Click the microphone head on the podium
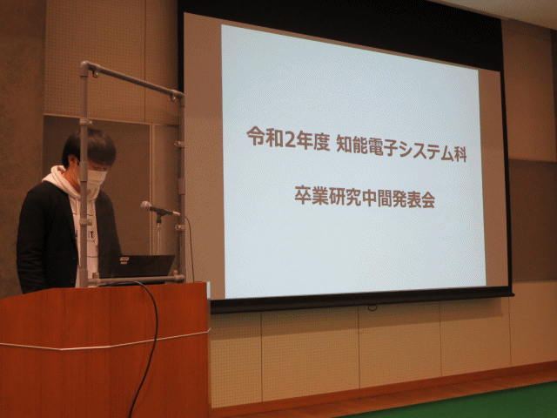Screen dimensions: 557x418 tap(146, 206)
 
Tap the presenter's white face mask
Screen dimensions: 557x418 tap(96, 179)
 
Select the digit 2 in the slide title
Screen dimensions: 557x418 tap(290, 138)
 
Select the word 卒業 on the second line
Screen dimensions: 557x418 tap(311, 195)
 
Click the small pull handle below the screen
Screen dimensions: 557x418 tap(372, 308)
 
